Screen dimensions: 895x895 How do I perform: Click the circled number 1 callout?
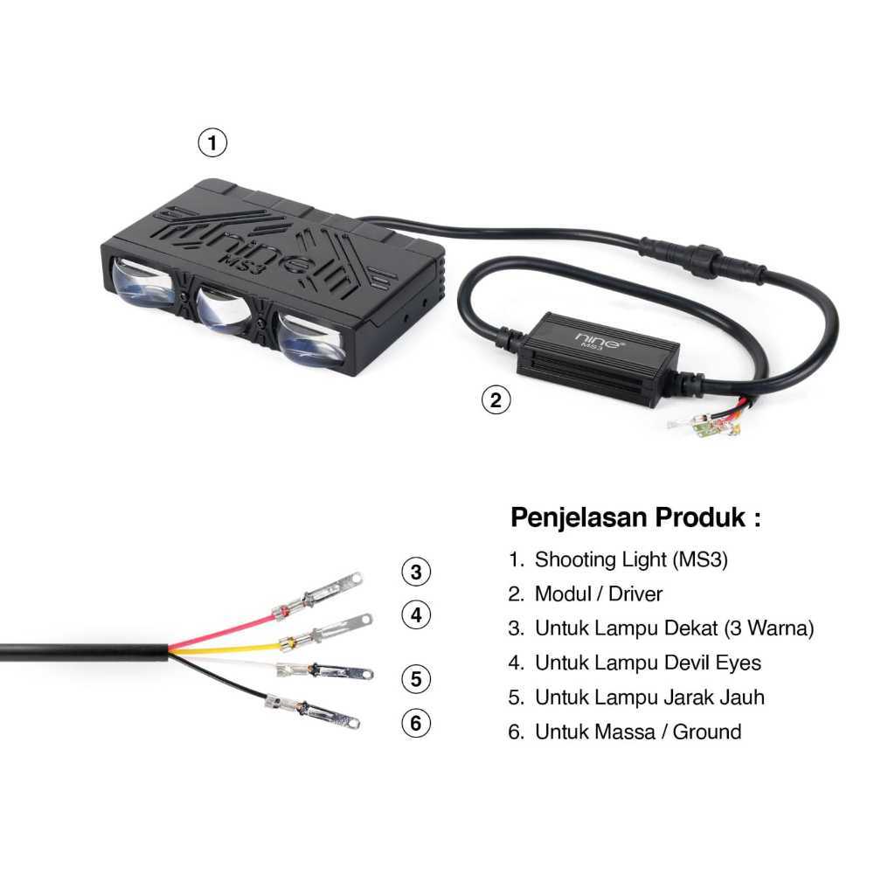[x=212, y=142]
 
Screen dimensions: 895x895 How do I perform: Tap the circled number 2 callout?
[x=496, y=399]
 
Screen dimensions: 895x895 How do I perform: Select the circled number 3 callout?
[x=416, y=572]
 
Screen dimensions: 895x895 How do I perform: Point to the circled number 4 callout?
[x=416, y=614]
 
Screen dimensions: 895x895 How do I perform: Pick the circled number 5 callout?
[x=416, y=678]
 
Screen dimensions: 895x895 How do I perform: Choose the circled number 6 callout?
[x=416, y=723]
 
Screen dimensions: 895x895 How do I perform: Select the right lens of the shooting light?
[x=310, y=340]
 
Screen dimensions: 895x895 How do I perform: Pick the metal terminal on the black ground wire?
[x=312, y=711]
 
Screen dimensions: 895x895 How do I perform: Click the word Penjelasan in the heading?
[x=579, y=517]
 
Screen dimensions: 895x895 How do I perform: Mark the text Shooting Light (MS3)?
[x=631, y=559]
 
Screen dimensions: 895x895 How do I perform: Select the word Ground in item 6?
[x=706, y=732]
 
